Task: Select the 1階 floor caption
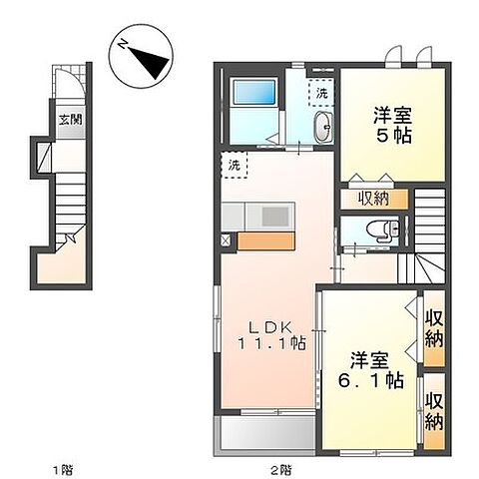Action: pyautogui.click(x=63, y=468)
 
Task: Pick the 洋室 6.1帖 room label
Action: pyautogui.click(x=374, y=369)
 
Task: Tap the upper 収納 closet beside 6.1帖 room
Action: pyautogui.click(x=434, y=327)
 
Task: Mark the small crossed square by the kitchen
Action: pyautogui.click(x=226, y=239)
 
